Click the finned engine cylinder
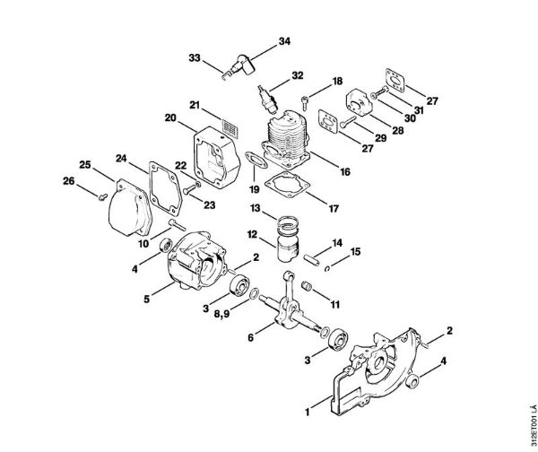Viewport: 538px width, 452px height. click(290, 143)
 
